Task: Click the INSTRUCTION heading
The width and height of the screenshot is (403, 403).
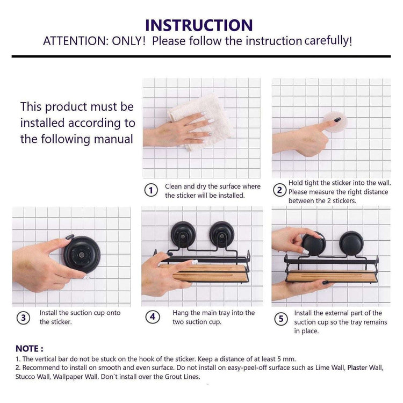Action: (x=199, y=25)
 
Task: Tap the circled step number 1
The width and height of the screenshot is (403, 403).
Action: (x=151, y=190)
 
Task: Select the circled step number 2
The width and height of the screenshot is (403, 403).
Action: (x=279, y=190)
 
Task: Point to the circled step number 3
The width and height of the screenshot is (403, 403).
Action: (x=24, y=318)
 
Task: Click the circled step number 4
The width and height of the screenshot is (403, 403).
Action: (x=153, y=317)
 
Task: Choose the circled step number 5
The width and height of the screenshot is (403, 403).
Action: (x=281, y=319)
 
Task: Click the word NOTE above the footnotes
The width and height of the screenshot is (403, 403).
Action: (x=27, y=349)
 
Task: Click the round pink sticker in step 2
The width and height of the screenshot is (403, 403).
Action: (x=335, y=122)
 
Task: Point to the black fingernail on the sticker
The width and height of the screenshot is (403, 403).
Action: (x=337, y=119)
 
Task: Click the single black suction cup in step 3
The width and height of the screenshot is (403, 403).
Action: (x=82, y=255)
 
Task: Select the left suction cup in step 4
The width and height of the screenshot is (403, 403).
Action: (x=183, y=235)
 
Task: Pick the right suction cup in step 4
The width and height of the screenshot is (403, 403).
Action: (x=222, y=234)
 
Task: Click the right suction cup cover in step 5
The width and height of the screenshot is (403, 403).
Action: (x=351, y=243)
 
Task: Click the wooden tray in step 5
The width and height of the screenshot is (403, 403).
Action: (x=331, y=276)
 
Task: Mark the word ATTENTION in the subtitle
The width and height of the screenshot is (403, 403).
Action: (x=75, y=41)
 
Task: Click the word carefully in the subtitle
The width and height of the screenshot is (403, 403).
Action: (x=328, y=41)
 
